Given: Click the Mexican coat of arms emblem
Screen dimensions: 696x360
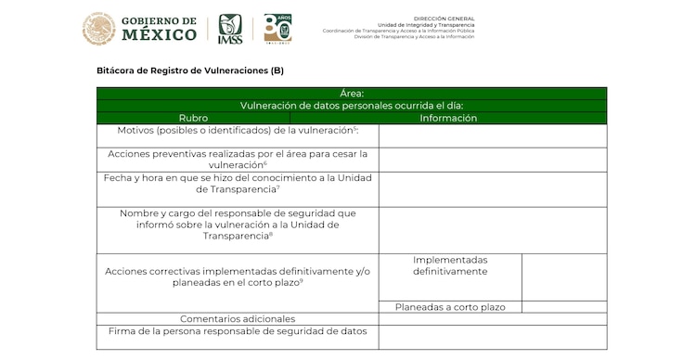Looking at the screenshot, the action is tap(98, 29).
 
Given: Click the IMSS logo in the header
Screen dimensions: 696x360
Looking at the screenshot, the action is tap(230, 29).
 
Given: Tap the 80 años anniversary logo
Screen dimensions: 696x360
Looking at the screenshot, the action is tap(277, 28).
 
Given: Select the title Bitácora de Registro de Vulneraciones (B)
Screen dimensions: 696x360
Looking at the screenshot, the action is tap(190, 71).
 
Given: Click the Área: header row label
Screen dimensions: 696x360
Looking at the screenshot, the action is tap(352, 94).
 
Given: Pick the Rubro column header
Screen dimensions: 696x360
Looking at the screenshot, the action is tap(194, 118).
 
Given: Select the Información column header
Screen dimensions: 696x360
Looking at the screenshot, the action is tap(448, 118).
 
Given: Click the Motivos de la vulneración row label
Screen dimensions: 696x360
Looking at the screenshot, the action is tap(238, 131).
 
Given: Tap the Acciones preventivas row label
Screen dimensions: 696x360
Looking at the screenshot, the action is tap(238, 159).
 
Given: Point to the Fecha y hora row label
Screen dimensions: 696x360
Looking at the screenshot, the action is tap(238, 183).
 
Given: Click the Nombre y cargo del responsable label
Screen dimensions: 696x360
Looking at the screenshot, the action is tap(238, 224).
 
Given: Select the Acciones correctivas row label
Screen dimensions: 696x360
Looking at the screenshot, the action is tap(238, 276).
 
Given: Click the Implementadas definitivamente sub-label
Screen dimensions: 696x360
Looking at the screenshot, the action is tap(450, 265).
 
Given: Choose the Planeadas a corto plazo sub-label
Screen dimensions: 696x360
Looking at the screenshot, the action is tap(450, 307).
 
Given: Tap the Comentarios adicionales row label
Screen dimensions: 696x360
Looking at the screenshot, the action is tap(238, 319).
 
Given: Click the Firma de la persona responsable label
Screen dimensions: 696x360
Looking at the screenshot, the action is tap(238, 331).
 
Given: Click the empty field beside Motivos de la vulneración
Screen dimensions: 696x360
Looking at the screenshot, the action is tap(492, 135).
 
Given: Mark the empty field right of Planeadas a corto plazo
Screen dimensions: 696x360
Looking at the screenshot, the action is tap(564, 307).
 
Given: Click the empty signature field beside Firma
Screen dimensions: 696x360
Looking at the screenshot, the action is tap(492, 336).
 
